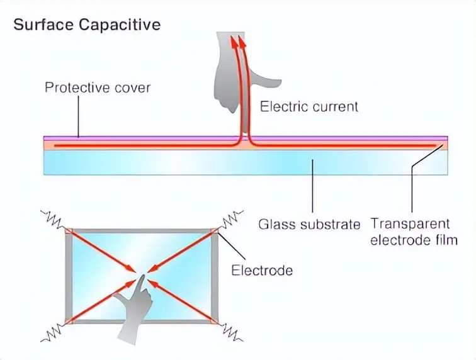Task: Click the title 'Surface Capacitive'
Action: [x=87, y=25]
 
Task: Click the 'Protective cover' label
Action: [x=98, y=87]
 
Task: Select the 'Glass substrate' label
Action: [x=309, y=224]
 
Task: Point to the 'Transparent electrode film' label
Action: [x=410, y=231]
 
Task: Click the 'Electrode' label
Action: [x=262, y=271]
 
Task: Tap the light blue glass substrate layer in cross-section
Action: [x=189, y=164]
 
